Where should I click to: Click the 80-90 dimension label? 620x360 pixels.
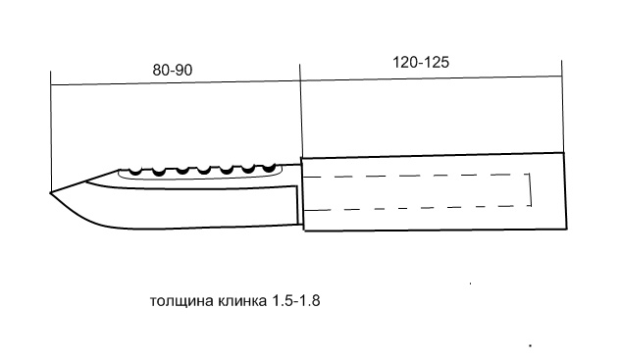coord(173,70)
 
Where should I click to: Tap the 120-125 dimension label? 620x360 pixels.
coord(421,63)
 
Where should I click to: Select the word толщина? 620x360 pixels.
coord(181,301)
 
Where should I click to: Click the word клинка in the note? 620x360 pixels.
coord(241,301)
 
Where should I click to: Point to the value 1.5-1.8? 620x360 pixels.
coord(295,301)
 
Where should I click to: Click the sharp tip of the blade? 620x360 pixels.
coord(51,193)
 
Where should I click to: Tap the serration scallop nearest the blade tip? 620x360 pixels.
coord(135,172)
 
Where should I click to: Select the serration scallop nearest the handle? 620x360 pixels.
coord(269,169)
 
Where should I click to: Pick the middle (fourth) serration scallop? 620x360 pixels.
coord(204,171)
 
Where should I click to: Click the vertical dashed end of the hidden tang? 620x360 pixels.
coord(531,189)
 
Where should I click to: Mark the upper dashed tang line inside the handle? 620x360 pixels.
coord(417,175)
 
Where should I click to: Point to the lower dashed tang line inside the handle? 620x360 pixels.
coord(417,208)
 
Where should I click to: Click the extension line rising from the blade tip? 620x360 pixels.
coord(51,131)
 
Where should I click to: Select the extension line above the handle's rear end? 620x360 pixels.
coord(562,106)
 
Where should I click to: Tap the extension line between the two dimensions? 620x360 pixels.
coord(300,111)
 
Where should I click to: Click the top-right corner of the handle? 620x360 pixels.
coord(563,153)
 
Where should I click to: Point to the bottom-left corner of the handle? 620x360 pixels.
coord(304,230)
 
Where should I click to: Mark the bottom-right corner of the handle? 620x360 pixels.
coord(567,229)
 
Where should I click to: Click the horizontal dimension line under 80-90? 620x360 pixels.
coord(176,82)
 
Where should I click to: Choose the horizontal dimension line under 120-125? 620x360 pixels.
coord(431,77)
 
